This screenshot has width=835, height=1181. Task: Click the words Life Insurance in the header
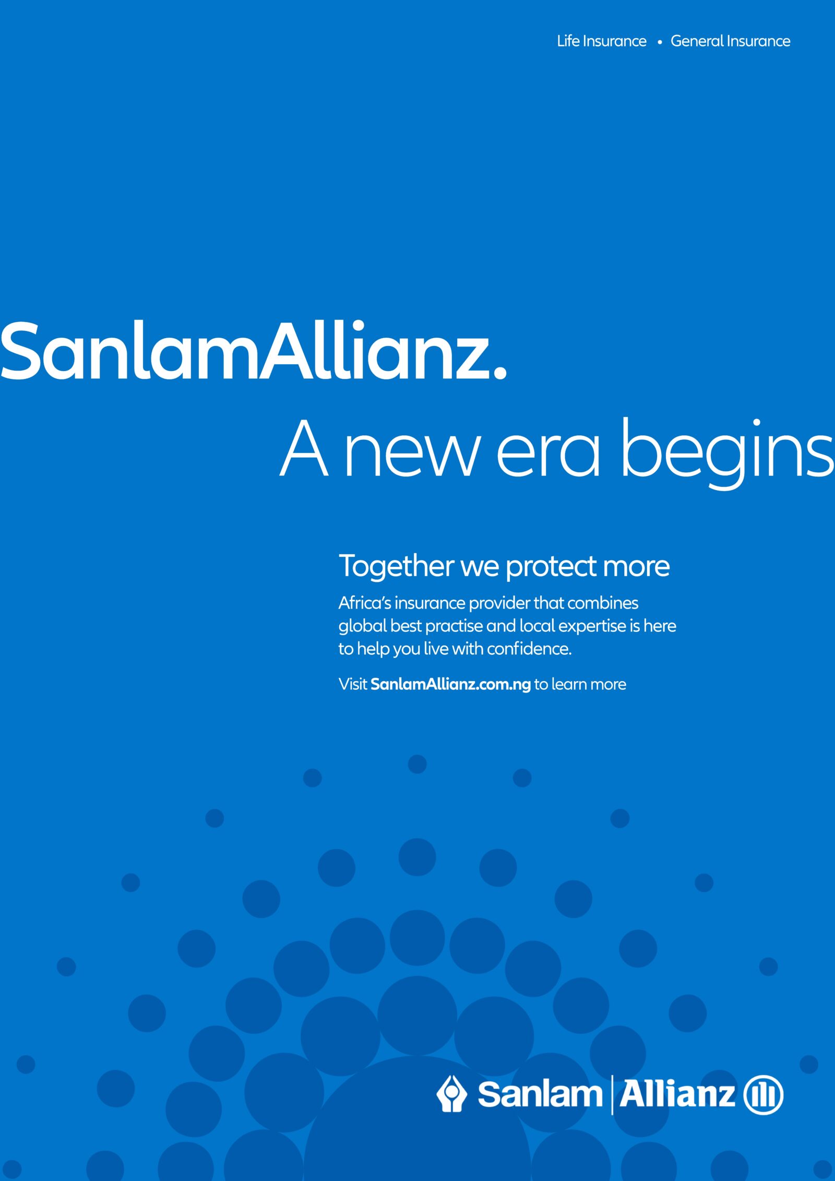(602, 41)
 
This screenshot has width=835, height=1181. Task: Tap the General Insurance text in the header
(730, 41)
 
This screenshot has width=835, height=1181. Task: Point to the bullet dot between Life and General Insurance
(660, 43)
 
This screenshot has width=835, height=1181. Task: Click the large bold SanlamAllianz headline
(253, 351)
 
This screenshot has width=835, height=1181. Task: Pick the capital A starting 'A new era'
(304, 448)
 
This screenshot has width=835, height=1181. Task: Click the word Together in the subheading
(396, 566)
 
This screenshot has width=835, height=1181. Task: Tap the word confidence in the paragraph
(529, 649)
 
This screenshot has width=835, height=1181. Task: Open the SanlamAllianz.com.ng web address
(450, 685)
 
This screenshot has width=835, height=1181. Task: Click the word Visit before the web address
(353, 684)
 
